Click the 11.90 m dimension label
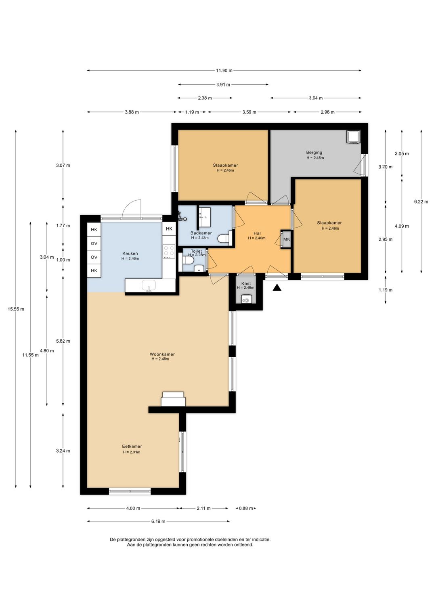(x=224, y=70)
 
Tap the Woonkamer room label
(x=162, y=354)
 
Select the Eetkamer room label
(x=132, y=446)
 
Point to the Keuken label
(x=130, y=254)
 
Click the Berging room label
(x=314, y=152)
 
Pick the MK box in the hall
(x=286, y=239)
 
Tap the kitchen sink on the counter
(x=149, y=286)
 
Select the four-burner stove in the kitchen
(x=169, y=251)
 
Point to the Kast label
(x=246, y=283)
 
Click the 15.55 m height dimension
(x=16, y=309)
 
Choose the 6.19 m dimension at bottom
(x=158, y=521)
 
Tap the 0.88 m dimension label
(x=245, y=508)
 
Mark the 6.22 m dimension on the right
(x=421, y=201)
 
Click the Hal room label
(x=257, y=233)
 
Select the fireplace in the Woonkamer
(x=173, y=399)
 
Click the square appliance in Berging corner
(x=353, y=137)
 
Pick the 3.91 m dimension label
(x=223, y=84)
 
